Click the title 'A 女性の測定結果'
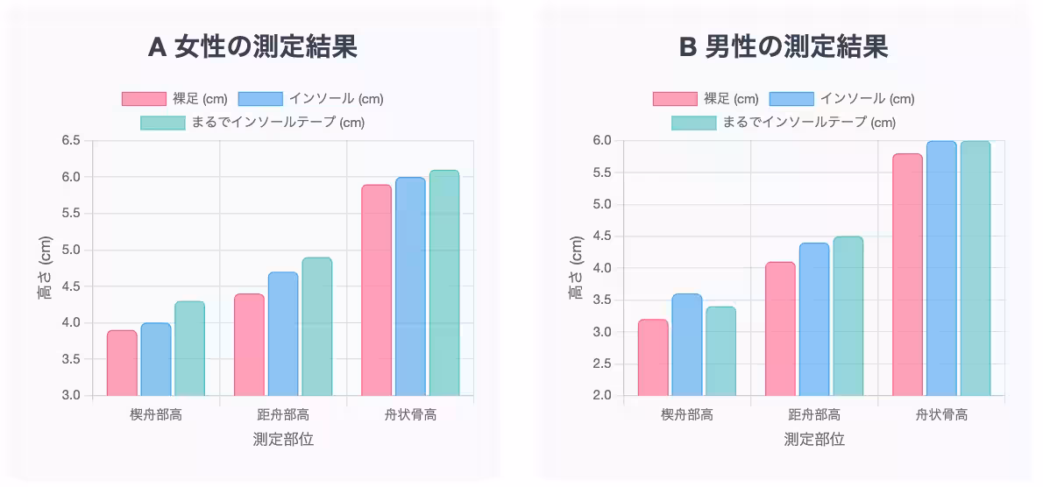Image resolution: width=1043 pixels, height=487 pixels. [252, 47]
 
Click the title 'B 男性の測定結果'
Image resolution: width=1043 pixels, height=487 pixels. [784, 47]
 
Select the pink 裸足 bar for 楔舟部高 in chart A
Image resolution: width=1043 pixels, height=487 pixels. [122, 363]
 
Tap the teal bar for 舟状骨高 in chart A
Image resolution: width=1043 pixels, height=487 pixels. [444, 282]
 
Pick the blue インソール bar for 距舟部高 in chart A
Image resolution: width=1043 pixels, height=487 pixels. [283, 333]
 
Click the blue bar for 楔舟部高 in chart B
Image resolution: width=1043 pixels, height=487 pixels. [686, 344]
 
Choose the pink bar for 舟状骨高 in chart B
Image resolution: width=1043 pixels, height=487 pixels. [907, 274]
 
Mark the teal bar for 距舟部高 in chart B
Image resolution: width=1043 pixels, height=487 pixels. [848, 315]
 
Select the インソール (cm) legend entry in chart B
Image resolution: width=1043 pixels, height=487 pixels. [841, 99]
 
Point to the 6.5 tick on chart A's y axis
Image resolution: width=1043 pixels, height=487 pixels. [71, 140]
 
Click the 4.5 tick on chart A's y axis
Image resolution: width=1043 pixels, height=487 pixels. [71, 286]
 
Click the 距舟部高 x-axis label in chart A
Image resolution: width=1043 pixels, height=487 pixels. [283, 414]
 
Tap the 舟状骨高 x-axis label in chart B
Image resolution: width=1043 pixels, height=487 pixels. [941, 414]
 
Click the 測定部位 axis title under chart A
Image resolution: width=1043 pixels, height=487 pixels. [283, 440]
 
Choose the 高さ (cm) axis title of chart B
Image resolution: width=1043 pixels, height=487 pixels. [576, 268]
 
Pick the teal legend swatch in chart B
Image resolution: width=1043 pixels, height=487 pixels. [693, 123]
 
